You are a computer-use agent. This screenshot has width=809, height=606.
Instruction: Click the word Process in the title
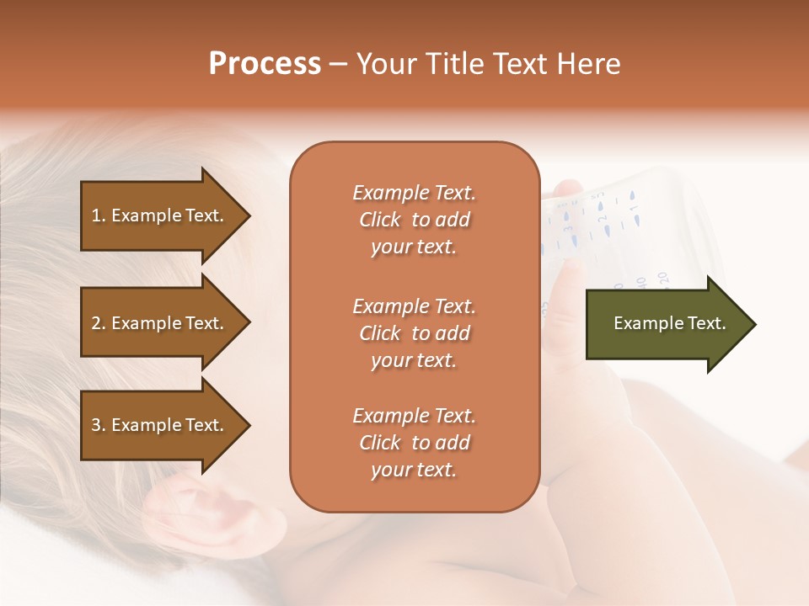pyautogui.click(x=265, y=64)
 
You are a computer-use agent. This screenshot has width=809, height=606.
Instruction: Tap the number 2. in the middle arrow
pyautogui.click(x=99, y=323)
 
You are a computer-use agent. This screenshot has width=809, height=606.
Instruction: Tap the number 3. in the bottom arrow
pyautogui.click(x=99, y=425)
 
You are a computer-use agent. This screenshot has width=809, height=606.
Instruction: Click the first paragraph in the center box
pyautogui.click(x=414, y=220)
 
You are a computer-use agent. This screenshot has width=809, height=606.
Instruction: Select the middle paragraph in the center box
pyautogui.click(x=414, y=333)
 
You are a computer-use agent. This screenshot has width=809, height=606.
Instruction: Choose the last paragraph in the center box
pyautogui.click(x=414, y=443)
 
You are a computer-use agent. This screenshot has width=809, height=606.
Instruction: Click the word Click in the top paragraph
pyautogui.click(x=380, y=220)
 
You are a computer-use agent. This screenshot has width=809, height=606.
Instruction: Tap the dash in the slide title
pyautogui.click(x=338, y=64)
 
